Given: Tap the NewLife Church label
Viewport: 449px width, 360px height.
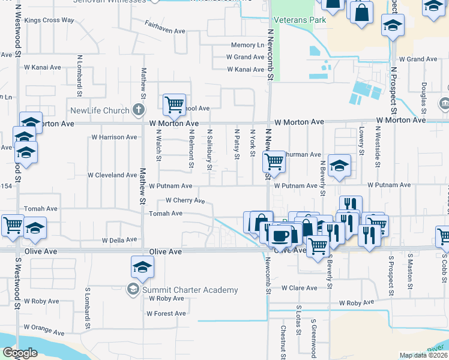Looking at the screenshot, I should [x=100, y=110].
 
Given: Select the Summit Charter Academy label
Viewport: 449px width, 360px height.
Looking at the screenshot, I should [x=190, y=290].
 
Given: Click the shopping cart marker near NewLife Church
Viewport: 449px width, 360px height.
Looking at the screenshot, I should [x=174, y=104].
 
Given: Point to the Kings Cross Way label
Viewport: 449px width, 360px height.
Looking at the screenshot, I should [x=49, y=20].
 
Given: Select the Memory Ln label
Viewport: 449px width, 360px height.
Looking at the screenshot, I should [x=247, y=45].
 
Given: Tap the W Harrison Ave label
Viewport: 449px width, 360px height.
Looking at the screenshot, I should [x=114, y=137].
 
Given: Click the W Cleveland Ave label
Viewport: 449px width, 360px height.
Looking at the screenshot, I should [x=112, y=175].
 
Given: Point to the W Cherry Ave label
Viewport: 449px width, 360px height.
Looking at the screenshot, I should [x=186, y=200].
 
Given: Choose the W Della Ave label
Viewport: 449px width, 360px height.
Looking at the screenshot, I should [x=120, y=240].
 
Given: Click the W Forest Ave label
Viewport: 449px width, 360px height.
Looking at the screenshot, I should [x=166, y=313].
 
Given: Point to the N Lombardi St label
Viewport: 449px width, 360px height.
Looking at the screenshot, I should [x=79, y=77].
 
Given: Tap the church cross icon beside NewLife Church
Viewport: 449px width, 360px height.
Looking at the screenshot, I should [x=139, y=110].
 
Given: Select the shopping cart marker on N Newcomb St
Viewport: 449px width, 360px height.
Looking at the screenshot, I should [x=274, y=160].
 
